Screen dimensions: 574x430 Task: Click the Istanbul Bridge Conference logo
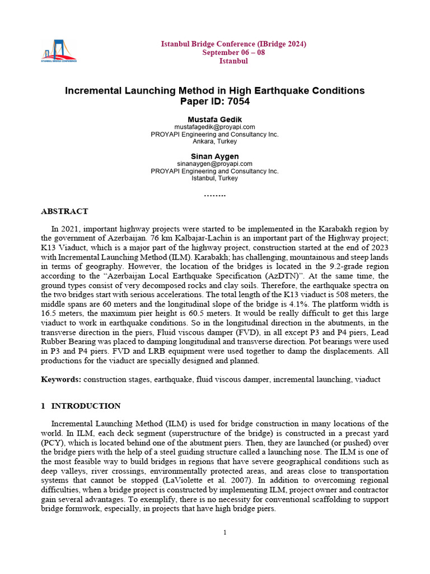pyautogui.click(x=59, y=51)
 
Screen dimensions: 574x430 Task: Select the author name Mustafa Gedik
pyautogui.click(x=214, y=120)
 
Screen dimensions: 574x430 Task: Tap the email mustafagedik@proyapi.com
pyautogui.click(x=214, y=127)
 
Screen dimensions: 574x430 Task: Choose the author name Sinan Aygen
pyautogui.click(x=214, y=156)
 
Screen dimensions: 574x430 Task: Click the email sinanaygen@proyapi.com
pyautogui.click(x=214, y=164)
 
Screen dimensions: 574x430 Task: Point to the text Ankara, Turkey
pyautogui.click(x=214, y=142)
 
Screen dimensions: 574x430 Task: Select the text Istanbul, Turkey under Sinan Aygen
pyautogui.click(x=214, y=178)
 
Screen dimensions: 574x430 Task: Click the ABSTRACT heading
pyautogui.click(x=64, y=211)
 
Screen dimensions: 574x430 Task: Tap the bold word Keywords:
pyautogui.click(x=61, y=379)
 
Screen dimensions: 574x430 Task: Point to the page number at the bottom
pyautogui.click(x=225, y=533)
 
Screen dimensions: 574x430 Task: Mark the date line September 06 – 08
pyautogui.click(x=233, y=52)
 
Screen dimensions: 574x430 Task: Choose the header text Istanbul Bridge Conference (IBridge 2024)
pyautogui.click(x=233, y=44)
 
